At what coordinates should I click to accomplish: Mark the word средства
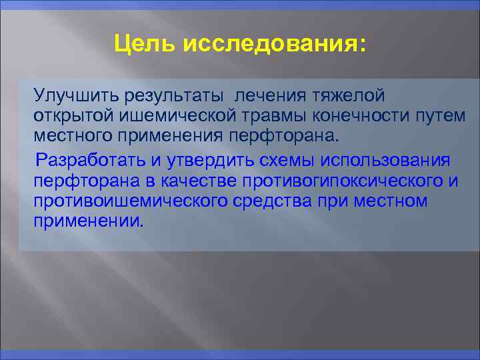pos(283,201)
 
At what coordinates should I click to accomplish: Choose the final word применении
pos(88,221)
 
